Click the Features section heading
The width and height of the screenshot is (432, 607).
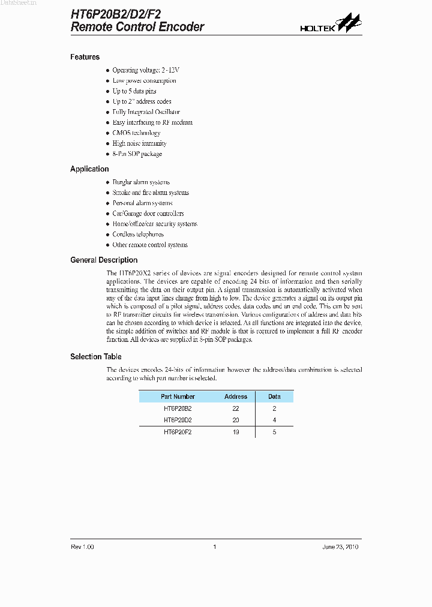pos(85,57)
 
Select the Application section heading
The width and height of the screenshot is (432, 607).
pos(89,169)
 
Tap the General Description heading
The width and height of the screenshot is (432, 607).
pos(104,260)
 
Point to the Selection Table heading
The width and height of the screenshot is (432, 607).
pos(95,357)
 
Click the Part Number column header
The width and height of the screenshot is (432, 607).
pos(178,396)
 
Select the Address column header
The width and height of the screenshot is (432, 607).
pos(236,396)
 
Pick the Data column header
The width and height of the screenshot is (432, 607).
pos(274,396)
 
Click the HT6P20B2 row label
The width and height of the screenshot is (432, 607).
pos(178,408)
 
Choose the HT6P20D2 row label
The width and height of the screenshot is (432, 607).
pos(178,420)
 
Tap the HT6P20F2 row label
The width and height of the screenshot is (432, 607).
pos(178,432)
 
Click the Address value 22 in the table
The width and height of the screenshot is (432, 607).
pos(236,408)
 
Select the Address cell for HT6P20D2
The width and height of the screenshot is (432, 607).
pos(236,420)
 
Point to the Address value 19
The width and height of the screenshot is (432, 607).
pos(236,432)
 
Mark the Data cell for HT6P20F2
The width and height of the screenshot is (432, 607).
pos(274,432)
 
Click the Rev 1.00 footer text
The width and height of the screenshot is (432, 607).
pos(82,546)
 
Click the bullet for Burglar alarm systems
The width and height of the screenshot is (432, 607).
pos(108,182)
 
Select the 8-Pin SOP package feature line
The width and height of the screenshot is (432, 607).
pos(137,154)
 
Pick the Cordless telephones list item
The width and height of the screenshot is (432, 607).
pos(137,235)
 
